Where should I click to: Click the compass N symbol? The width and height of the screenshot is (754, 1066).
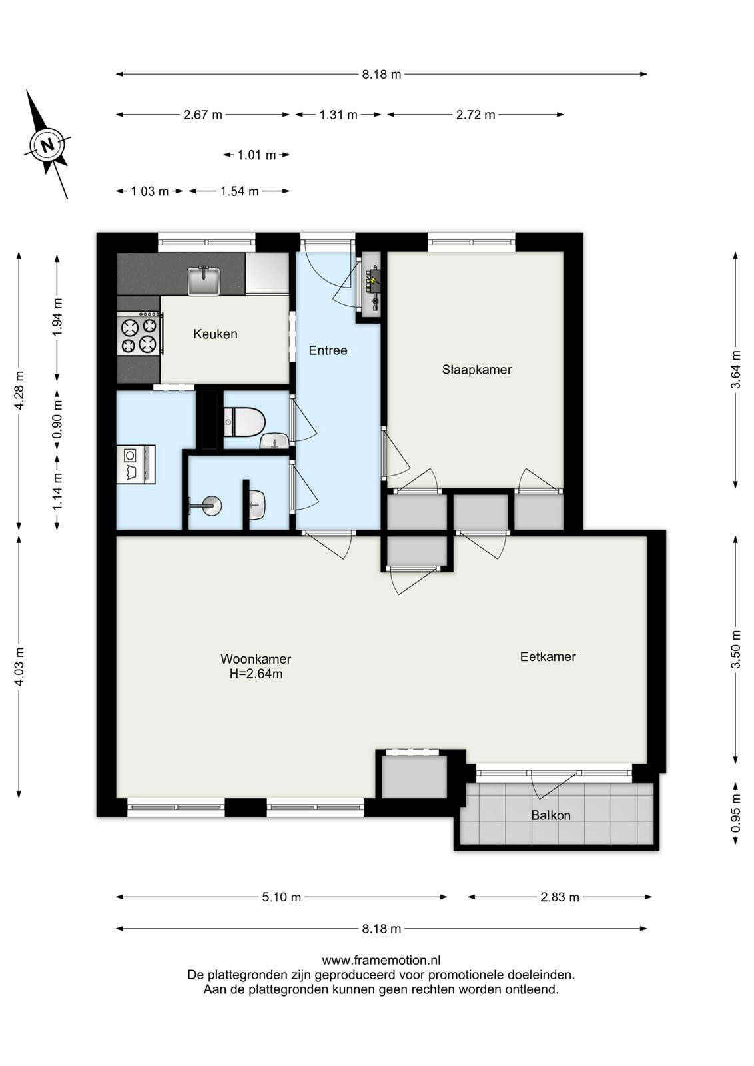(x=47, y=145)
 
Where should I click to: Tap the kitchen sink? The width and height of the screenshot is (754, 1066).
(x=204, y=280)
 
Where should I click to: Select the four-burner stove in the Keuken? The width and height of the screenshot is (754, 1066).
(x=140, y=333)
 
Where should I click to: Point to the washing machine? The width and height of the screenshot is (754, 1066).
(x=136, y=464)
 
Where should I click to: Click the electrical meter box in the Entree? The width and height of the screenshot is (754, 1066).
(x=372, y=287)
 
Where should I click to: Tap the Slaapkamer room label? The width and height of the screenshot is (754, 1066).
(x=477, y=369)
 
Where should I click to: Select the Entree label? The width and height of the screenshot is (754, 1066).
(x=328, y=350)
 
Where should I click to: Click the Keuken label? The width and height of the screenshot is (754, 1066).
(x=215, y=334)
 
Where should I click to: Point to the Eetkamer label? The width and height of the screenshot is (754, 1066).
(x=548, y=656)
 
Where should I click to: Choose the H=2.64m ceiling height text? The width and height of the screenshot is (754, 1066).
(x=256, y=674)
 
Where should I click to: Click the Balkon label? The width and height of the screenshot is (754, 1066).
(x=550, y=815)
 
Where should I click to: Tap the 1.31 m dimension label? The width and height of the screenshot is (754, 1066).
(x=338, y=115)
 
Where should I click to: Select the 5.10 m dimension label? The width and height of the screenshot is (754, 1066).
(x=282, y=897)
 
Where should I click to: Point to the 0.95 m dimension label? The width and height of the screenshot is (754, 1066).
(x=735, y=813)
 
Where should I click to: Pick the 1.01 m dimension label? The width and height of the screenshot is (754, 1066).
(x=257, y=155)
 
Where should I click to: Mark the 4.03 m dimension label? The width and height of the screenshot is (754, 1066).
(x=19, y=666)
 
